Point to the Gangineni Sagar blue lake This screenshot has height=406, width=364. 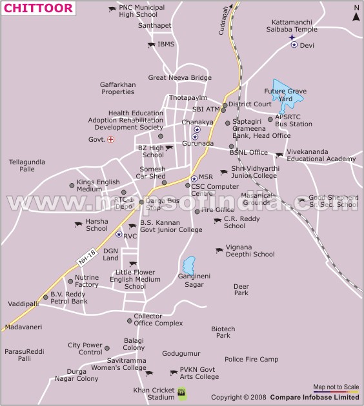[x=188, y=264]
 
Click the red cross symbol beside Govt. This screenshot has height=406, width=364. [x=111, y=139]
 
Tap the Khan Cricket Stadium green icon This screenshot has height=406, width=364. [x=182, y=392]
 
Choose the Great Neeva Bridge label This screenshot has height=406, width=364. [x=180, y=78]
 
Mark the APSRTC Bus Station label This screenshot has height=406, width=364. [x=294, y=121]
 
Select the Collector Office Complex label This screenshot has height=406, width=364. [x=159, y=320]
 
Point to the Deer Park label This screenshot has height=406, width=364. [x=241, y=289]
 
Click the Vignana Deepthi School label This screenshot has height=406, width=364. [x=250, y=250]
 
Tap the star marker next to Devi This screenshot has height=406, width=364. [x=294, y=45]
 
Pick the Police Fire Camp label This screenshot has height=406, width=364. [x=251, y=359]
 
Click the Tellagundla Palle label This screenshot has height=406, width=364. [x=26, y=165]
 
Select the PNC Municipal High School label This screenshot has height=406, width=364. [x=142, y=11]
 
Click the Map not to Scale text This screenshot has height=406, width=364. [x=336, y=387]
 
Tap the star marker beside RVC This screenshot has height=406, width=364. [x=119, y=235]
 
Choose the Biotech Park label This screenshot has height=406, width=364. [x=223, y=332]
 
